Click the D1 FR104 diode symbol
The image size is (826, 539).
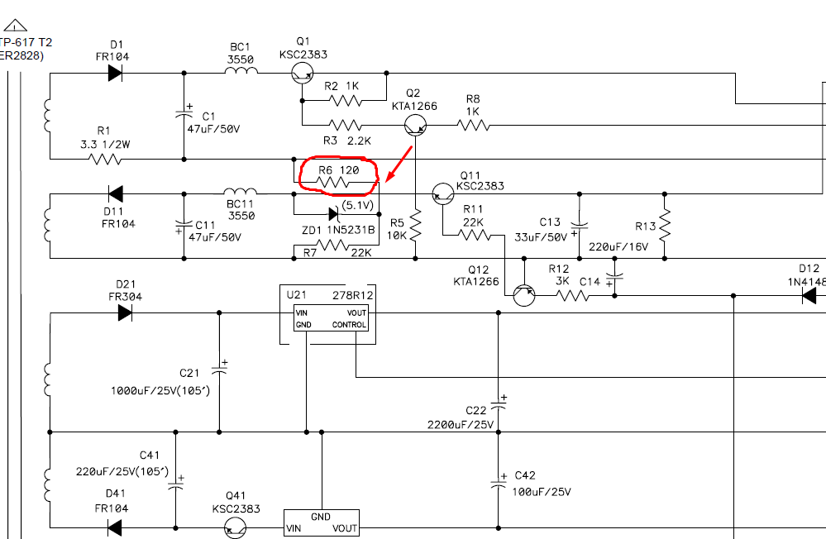tap(115, 74)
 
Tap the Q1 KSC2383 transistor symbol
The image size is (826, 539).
tap(303, 74)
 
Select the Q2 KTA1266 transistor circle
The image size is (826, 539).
tap(415, 126)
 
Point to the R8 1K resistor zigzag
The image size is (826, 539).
tap(474, 126)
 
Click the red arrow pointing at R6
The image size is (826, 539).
tap(399, 164)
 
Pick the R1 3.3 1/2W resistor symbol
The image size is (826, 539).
tap(106, 159)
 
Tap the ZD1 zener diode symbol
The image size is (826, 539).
tap(333, 213)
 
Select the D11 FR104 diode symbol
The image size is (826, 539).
tap(116, 194)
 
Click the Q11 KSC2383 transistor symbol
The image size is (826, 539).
tap(442, 194)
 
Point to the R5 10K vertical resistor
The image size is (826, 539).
tap(415, 226)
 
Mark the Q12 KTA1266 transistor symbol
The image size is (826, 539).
tap(523, 295)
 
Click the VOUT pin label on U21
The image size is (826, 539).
tap(356, 312)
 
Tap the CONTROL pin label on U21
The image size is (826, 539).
tap(349, 325)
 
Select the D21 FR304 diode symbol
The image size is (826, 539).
tap(125, 313)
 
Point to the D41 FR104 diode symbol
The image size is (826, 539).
tap(114, 527)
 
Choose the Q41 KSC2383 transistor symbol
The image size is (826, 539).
tap(235, 528)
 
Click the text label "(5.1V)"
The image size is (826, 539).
tap(358, 205)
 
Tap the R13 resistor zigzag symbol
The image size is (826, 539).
tap(665, 226)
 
